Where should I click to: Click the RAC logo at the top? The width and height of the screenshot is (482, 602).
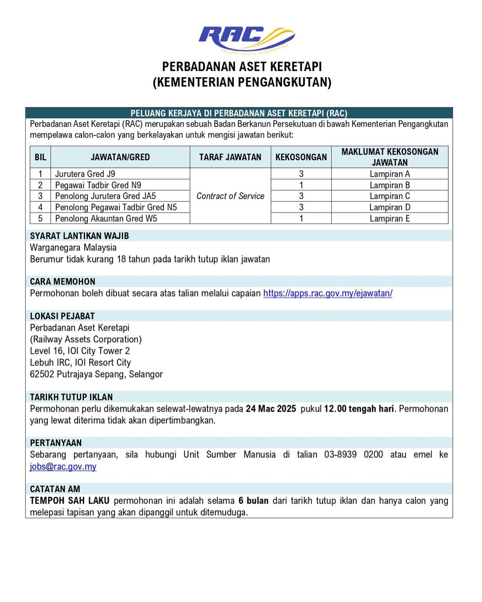(246, 39)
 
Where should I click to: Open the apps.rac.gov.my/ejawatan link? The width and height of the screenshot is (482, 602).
(327, 293)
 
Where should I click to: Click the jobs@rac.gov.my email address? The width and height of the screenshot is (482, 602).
(63, 466)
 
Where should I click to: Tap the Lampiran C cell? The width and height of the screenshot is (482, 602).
(389, 196)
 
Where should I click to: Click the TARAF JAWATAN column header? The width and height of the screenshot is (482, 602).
(230, 157)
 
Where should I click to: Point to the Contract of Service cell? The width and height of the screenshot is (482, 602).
(230, 196)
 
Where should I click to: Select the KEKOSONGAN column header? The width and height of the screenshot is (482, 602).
(301, 157)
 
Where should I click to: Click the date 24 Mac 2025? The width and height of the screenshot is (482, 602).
(271, 409)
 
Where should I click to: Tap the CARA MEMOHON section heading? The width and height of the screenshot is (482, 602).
(63, 281)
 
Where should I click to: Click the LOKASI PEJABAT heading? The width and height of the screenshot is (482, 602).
(62, 316)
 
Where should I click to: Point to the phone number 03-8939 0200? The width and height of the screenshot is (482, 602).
(353, 455)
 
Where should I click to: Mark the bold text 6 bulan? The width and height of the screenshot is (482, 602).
(253, 500)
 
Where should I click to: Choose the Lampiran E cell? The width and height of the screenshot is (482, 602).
(389, 218)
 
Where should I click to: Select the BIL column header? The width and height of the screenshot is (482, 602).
(40, 157)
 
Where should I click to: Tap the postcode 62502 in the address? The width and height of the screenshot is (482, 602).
(42, 374)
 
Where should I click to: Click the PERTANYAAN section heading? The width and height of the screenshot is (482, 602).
(56, 443)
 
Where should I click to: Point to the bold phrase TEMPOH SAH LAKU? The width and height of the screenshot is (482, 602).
(70, 500)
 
